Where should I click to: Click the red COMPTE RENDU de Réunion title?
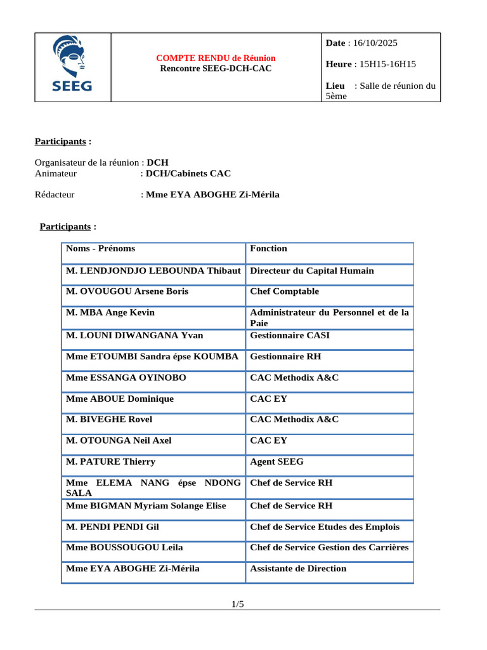point(216,58)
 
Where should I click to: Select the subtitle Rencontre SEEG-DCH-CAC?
point(216,68)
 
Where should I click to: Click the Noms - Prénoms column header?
point(101,249)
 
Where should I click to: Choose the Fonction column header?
point(268,249)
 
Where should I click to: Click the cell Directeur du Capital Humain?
point(312,271)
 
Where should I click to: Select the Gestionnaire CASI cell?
point(290,335)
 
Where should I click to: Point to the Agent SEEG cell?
point(276,462)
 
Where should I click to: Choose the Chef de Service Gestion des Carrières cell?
point(329,548)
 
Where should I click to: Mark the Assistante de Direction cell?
point(298,569)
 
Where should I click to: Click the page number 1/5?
point(238,604)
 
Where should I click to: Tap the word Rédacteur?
point(55,195)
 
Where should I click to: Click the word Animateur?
point(56,173)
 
